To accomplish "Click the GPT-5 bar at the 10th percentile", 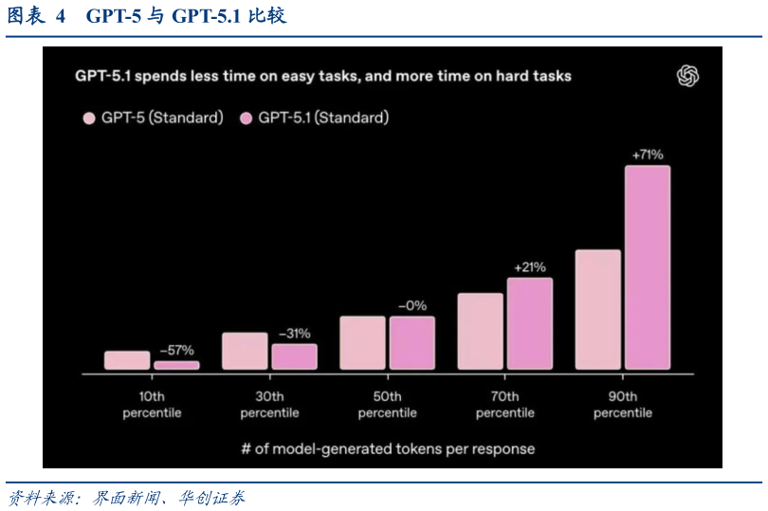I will click(x=127, y=360).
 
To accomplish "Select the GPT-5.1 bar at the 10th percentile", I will click(x=176, y=365).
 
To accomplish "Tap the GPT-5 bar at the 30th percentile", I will click(x=245, y=351).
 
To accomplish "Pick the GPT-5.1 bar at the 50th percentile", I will click(x=411, y=342).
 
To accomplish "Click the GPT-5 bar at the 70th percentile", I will click(x=480, y=331).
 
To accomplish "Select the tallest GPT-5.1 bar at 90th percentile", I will click(x=647, y=267).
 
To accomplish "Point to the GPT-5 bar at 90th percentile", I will click(x=597, y=309).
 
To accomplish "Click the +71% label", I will click(x=647, y=155).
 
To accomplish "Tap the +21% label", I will click(x=529, y=267).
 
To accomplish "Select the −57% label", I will click(x=176, y=350).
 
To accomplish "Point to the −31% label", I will click(x=294, y=334).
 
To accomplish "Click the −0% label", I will click(x=411, y=305).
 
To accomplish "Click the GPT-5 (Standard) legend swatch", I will click(x=89, y=119).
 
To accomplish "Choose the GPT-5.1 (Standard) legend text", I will click(x=323, y=119).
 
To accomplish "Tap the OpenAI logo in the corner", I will click(x=687, y=77).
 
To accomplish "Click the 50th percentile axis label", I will click(x=387, y=405).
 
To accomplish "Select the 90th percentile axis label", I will click(x=622, y=405).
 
